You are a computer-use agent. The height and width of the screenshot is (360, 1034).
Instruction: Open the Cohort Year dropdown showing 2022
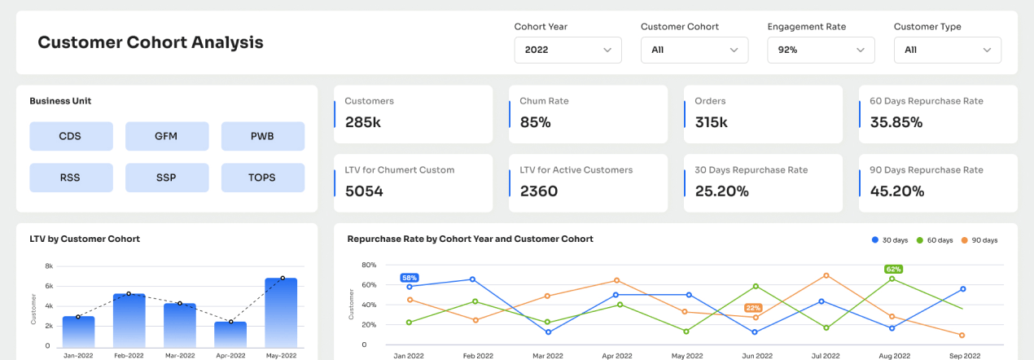pyautogui.click(x=567, y=50)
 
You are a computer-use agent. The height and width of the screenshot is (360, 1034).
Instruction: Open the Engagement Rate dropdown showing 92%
pyautogui.click(x=821, y=50)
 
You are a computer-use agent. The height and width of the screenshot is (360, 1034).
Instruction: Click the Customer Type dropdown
pyautogui.click(x=947, y=50)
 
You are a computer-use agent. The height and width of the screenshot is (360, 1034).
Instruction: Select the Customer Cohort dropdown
pyautogui.click(x=694, y=50)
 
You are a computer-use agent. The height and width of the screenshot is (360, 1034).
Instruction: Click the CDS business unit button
pyautogui.click(x=70, y=136)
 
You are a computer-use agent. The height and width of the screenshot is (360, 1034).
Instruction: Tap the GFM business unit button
pyautogui.click(x=166, y=136)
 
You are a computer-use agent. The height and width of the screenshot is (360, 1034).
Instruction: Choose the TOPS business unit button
pyautogui.click(x=262, y=178)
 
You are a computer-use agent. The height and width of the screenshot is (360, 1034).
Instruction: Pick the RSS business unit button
pyautogui.click(x=70, y=178)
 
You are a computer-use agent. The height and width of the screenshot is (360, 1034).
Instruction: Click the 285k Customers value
pyautogui.click(x=362, y=122)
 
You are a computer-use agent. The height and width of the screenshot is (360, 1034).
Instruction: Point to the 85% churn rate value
pyautogui.click(x=535, y=122)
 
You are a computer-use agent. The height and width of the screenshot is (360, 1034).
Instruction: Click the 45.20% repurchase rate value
pyautogui.click(x=896, y=191)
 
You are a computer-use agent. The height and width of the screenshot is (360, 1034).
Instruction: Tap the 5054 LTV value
pyautogui.click(x=364, y=191)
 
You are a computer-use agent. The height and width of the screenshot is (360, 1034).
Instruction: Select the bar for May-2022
pyautogui.click(x=281, y=313)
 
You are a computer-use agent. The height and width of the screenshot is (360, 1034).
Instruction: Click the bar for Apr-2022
pyautogui.click(x=230, y=334)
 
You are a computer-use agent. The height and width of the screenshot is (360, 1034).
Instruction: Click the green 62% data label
pyautogui.click(x=893, y=269)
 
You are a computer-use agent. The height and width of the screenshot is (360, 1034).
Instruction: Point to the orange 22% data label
pyautogui.click(x=753, y=308)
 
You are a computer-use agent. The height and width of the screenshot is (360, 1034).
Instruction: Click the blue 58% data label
pyautogui.click(x=409, y=278)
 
